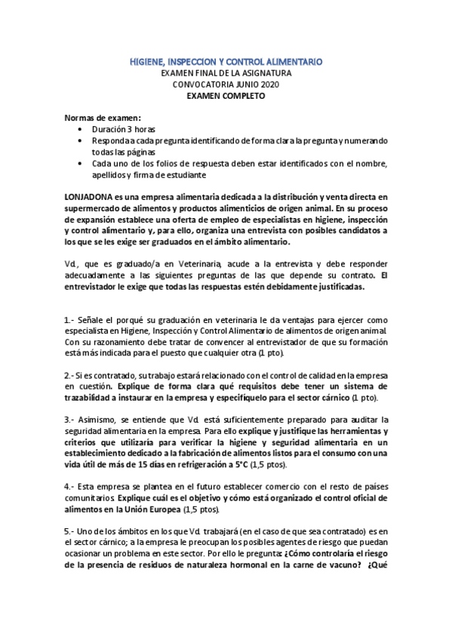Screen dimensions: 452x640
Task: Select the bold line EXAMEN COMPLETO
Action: pos(226,97)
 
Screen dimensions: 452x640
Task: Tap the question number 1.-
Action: pos(69,320)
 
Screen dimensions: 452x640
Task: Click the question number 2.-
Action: pos(69,375)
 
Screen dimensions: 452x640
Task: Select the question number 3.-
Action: pos(69,419)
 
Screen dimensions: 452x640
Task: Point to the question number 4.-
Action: pos(69,486)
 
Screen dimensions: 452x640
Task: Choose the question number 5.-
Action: pos(69,531)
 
